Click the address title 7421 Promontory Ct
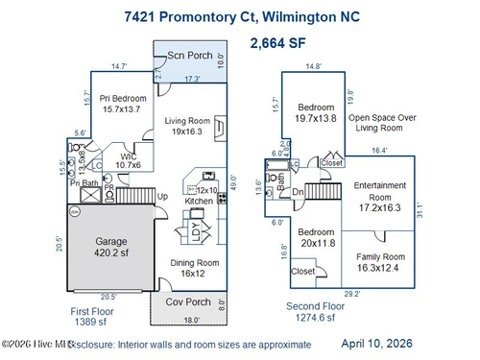pos(240,16)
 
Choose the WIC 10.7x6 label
pos(129,161)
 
